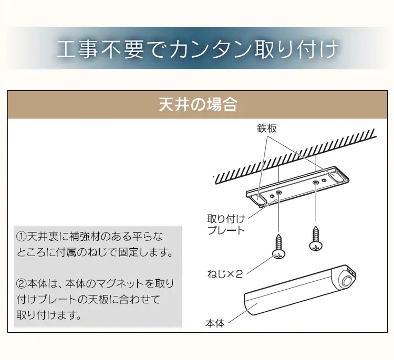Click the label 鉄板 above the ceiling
[267, 128]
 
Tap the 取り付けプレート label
[226, 225]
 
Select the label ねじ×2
[225, 273]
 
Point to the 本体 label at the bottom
[215, 323]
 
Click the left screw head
[279, 254]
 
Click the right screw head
[315, 245]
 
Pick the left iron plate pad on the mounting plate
[260, 198]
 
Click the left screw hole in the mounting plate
[279, 194]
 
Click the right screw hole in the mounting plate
[315, 182]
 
